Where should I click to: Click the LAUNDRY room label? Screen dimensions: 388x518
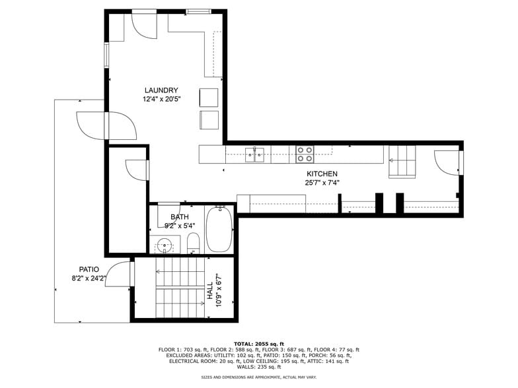point(161,90)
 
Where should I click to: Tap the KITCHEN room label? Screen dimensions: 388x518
point(322,174)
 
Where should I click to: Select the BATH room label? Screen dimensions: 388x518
point(180,216)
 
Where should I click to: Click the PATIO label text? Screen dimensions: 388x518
point(89,269)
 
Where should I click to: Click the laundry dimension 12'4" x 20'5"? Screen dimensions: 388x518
point(161,100)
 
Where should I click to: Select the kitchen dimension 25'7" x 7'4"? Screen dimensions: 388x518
point(322,183)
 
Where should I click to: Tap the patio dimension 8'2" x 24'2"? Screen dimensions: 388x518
point(89,278)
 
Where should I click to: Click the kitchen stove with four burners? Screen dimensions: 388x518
point(305,154)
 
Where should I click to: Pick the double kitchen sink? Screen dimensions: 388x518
point(255,155)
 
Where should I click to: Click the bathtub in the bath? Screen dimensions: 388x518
point(219,229)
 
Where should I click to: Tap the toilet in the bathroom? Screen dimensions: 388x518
point(193,243)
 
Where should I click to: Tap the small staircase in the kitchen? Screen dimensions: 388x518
point(402,162)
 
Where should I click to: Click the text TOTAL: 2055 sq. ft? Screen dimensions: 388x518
point(259,344)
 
